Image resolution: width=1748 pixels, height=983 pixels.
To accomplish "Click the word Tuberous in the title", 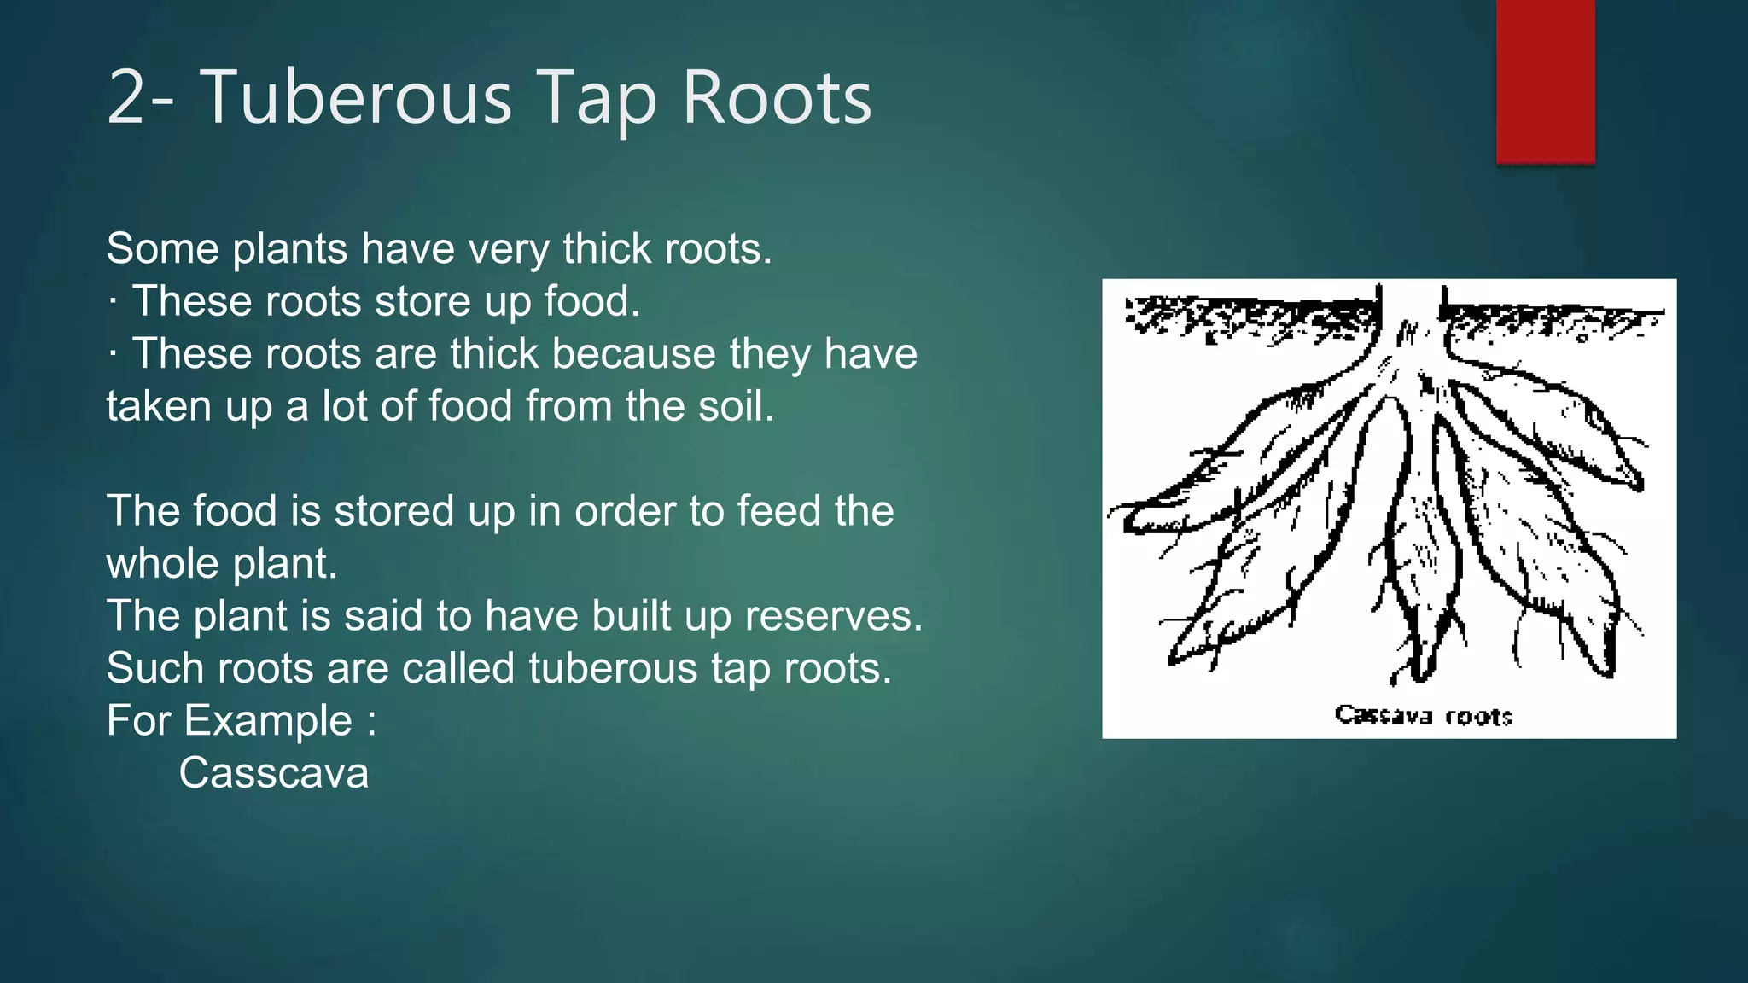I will pos(355,99).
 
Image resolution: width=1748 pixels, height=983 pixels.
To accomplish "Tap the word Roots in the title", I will pos(776,99).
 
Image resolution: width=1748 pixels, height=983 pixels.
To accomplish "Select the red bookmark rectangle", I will pos(1545,81).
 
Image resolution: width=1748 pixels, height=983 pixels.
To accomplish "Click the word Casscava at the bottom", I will pos(273,773).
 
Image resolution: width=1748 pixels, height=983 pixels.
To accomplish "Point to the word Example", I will pos(268,721).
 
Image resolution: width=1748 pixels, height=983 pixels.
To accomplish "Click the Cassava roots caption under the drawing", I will pos(1423,715).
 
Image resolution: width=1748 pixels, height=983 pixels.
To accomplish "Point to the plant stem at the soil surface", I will pos(1410,316).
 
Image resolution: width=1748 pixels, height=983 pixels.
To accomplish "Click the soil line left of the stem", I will pos(1246,312).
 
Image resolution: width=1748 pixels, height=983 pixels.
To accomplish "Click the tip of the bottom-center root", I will pos(1419,674).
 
